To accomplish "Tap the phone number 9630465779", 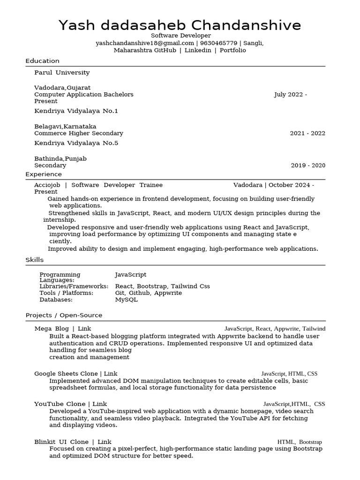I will [x=218, y=43].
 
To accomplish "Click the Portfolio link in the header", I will [x=232, y=50].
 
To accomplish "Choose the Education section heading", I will [x=42, y=61].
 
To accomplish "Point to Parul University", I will [x=62, y=73].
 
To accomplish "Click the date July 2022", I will [x=288, y=95].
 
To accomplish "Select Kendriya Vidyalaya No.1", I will [x=76, y=111].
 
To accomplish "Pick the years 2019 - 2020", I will [x=307, y=165].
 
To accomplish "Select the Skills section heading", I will [x=34, y=260].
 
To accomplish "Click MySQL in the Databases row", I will [x=127, y=300].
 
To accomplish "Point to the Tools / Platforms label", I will [x=66, y=293].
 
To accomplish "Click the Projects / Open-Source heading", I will [x=64, y=315].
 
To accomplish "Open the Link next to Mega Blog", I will [x=84, y=329].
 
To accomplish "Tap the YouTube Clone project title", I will [x=60, y=404].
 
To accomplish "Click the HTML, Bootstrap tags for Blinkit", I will [x=299, y=442].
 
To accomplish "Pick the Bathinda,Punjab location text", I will [x=60, y=159].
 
